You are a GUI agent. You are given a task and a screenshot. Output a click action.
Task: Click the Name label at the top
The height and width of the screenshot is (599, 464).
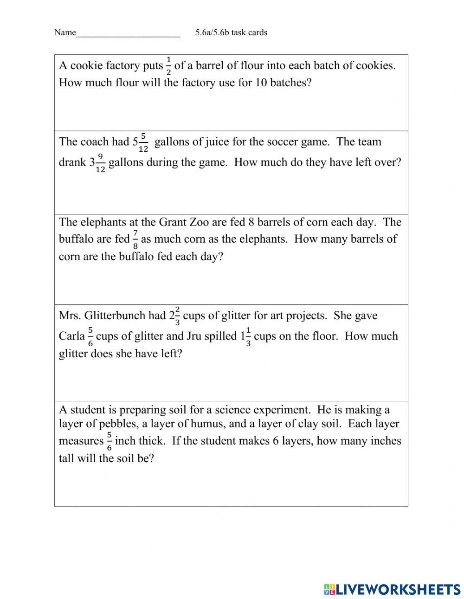[64, 32]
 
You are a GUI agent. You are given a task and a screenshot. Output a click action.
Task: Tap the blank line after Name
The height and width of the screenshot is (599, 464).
[128, 33]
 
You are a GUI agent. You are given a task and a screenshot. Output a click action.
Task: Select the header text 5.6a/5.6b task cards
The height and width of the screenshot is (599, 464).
[231, 32]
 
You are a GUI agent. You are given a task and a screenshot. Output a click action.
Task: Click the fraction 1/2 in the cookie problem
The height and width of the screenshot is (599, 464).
[168, 66]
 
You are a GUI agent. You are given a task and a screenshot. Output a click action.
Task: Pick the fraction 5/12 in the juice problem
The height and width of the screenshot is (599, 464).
[143, 142]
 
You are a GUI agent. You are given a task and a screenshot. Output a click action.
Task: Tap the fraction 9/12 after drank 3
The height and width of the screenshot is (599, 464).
[100, 163]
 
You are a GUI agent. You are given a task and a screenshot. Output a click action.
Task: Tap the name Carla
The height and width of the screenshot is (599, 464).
[71, 336]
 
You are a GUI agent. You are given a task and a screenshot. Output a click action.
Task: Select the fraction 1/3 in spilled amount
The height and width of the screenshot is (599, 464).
[248, 336]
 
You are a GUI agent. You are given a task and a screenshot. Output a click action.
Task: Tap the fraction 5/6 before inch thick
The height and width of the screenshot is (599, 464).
[109, 441]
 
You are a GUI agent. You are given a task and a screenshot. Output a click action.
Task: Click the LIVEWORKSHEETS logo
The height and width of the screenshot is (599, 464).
[392, 589]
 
